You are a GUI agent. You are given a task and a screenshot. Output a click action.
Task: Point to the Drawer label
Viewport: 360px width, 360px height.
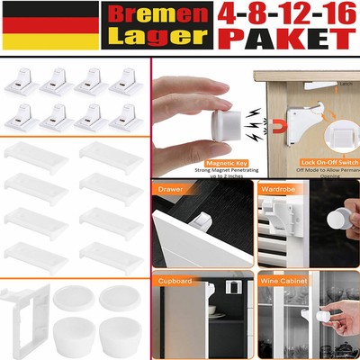click(x=171, y=190)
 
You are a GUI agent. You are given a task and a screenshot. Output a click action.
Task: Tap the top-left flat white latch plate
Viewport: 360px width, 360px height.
click(x=36, y=153)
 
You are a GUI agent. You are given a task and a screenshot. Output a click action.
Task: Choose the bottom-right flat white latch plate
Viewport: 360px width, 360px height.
click(x=111, y=256)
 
